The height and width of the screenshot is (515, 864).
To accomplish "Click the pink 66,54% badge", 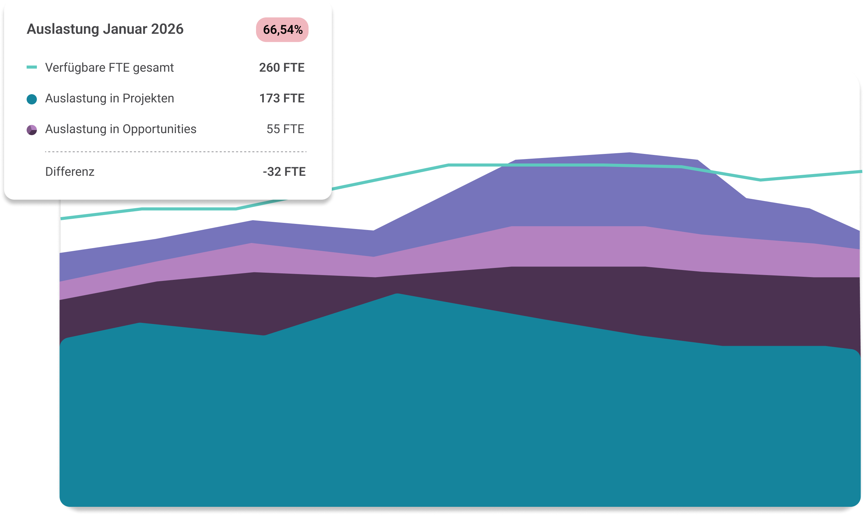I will [x=282, y=30].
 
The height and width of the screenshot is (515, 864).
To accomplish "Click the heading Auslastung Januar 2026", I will [x=105, y=29].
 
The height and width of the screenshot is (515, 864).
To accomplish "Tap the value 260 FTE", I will [x=282, y=68].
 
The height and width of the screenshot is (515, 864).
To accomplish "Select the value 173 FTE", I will [x=282, y=99].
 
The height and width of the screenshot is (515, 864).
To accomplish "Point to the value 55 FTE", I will [x=285, y=129].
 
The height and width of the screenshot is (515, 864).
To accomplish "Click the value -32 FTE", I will [x=284, y=172].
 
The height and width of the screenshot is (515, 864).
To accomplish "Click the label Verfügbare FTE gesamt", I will [x=109, y=68].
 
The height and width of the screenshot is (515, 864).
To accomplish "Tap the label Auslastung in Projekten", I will [x=109, y=99].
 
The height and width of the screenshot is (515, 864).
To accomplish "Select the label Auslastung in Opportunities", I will [x=121, y=129].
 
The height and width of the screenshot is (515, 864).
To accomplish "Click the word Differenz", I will [x=70, y=172].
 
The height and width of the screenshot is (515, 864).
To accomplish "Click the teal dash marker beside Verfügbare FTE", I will [x=32, y=67].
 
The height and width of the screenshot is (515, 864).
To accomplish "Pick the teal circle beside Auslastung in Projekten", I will [x=32, y=100].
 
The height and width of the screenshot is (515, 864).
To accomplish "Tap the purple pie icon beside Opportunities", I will [x=32, y=130].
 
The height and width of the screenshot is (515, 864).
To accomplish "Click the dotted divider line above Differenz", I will [x=175, y=152].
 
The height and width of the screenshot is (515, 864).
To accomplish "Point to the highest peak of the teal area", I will [x=397, y=294].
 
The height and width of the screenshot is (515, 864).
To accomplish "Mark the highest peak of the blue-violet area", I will [x=629, y=153].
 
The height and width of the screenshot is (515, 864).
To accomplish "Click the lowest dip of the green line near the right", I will [x=760, y=180].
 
